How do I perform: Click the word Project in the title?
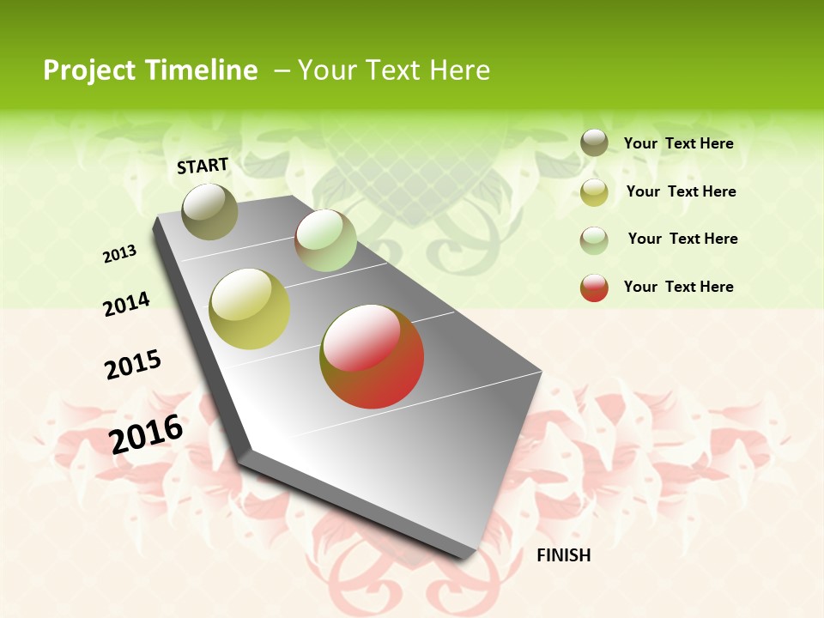click(x=89, y=70)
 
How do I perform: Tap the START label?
click(x=203, y=166)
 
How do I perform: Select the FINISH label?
click(x=564, y=555)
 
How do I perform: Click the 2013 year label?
click(x=120, y=254)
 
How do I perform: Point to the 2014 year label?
click(x=127, y=304)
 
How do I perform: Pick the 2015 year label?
click(x=133, y=365)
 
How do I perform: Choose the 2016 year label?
click(x=146, y=433)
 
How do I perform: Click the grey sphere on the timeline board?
click(x=210, y=211)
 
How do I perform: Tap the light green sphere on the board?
click(x=325, y=240)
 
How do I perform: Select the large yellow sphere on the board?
click(x=250, y=309)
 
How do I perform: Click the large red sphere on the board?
click(x=372, y=356)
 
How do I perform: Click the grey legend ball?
click(x=594, y=142)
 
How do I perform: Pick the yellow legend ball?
click(x=594, y=191)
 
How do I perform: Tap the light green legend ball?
click(x=594, y=239)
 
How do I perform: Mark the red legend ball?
click(x=594, y=288)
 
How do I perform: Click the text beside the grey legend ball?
click(x=678, y=144)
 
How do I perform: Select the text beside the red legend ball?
click(x=678, y=287)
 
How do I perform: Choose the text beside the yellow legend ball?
click(x=681, y=191)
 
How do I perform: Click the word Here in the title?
click(x=460, y=70)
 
